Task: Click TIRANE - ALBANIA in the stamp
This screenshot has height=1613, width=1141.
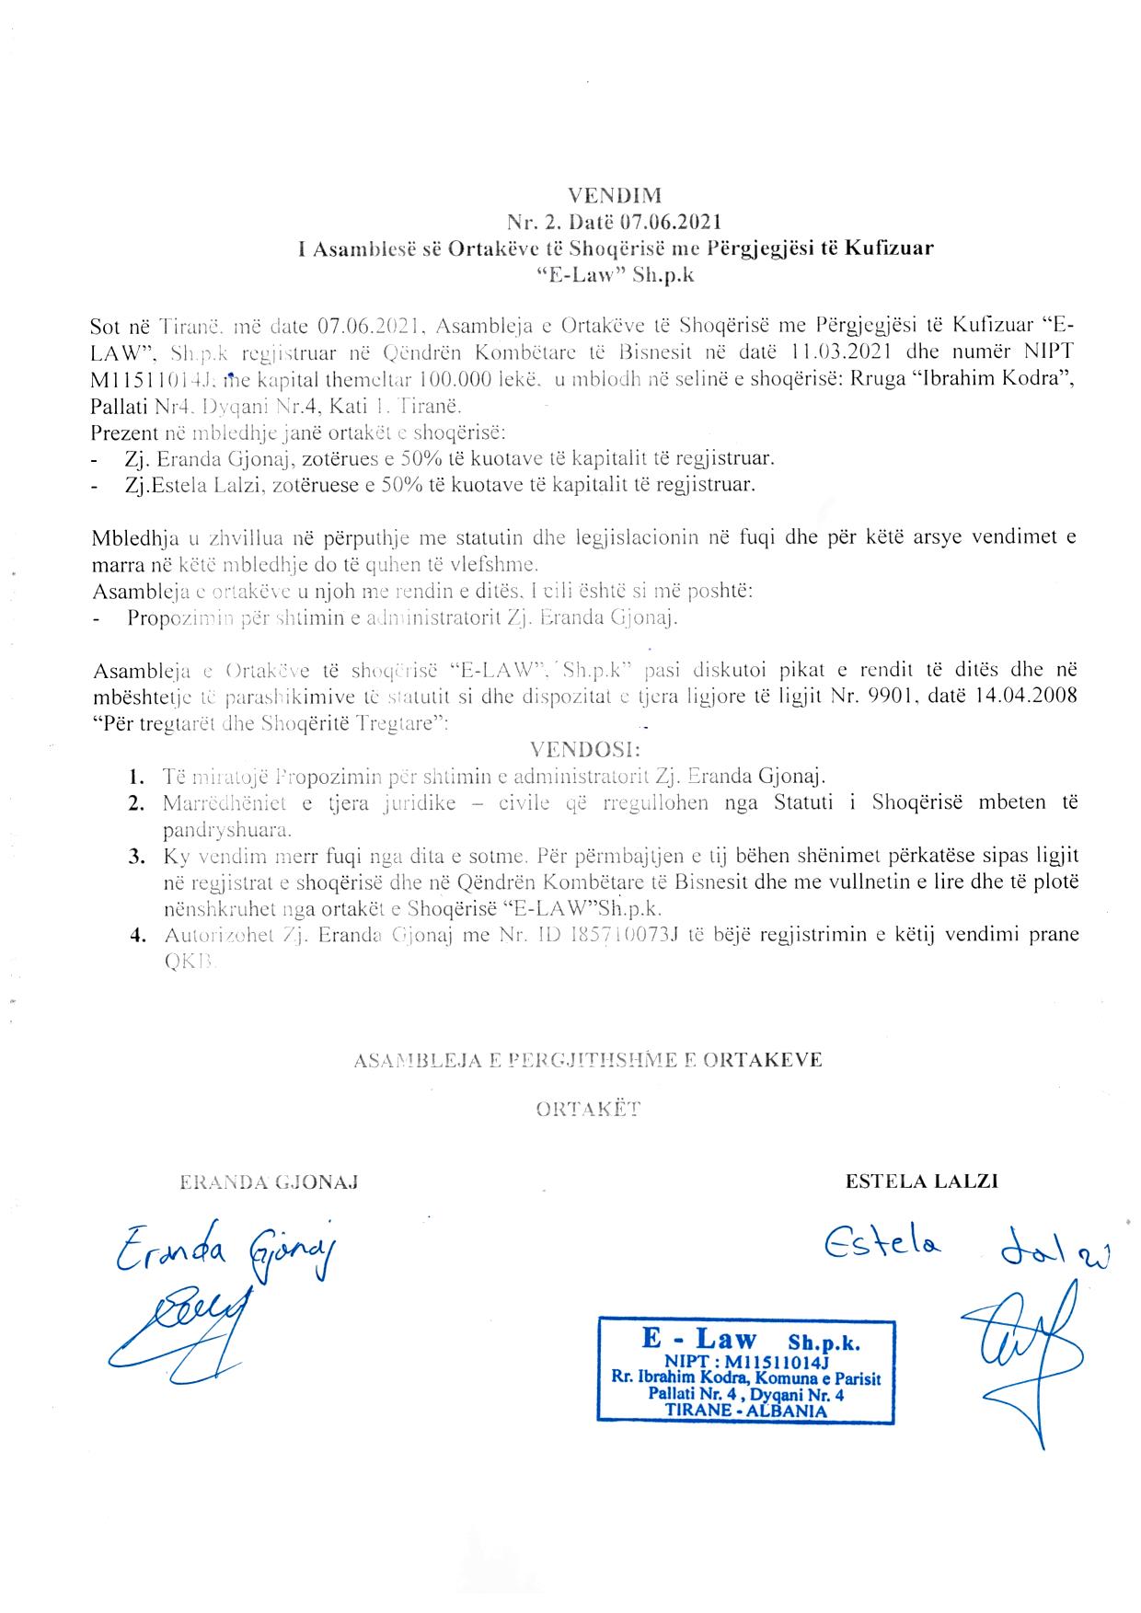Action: (x=745, y=1411)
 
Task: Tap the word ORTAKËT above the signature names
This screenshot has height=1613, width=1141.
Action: (x=588, y=1109)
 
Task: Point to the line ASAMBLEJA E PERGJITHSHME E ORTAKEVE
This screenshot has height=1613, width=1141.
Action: (x=588, y=1060)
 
